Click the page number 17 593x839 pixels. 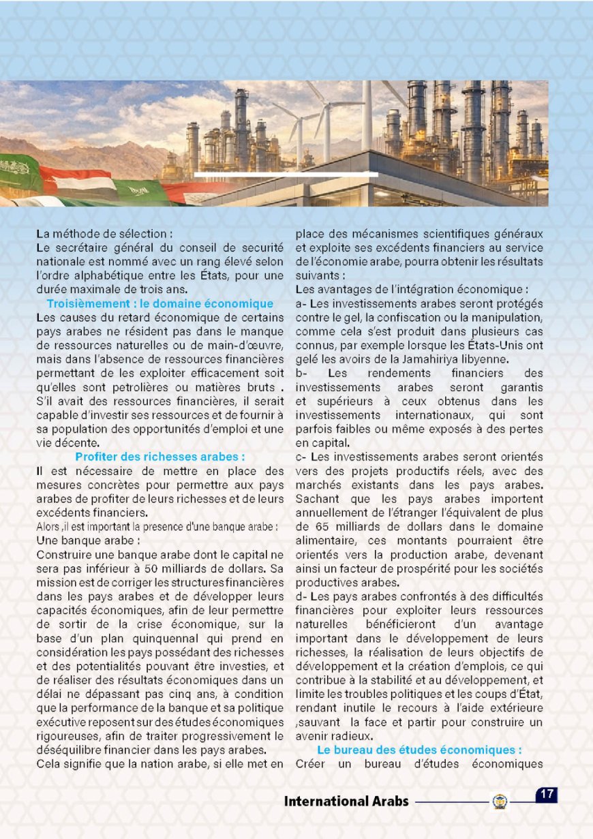point(546,795)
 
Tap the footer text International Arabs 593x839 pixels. point(346,801)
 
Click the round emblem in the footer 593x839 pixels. point(500,802)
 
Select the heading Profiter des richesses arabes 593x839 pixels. point(159,457)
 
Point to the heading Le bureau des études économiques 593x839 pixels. point(419,749)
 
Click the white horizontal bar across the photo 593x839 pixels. point(286,174)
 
